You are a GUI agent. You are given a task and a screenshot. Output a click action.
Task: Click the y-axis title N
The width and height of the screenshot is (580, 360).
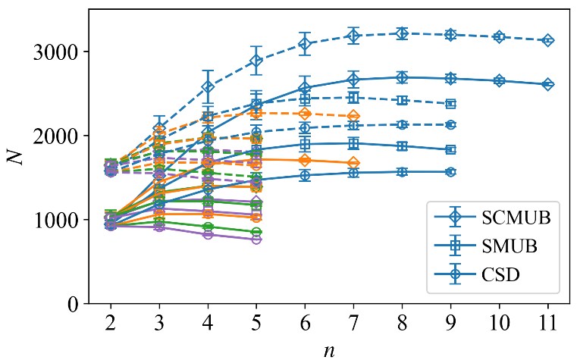16,157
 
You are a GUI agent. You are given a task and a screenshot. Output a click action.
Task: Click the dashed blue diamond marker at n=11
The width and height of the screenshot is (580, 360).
547,40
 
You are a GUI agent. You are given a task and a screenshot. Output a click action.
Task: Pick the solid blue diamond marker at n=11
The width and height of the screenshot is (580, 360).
547,84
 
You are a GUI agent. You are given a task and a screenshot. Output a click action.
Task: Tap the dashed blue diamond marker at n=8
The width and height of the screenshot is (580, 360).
402,33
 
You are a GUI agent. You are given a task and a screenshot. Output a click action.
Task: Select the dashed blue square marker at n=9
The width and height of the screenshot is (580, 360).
450,104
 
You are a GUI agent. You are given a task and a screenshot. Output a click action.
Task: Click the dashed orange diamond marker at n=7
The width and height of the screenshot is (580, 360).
353,116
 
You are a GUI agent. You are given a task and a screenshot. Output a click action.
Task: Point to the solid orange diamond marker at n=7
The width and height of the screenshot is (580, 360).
353,163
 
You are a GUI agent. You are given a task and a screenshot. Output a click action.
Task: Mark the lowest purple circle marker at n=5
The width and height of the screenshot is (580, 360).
256,239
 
